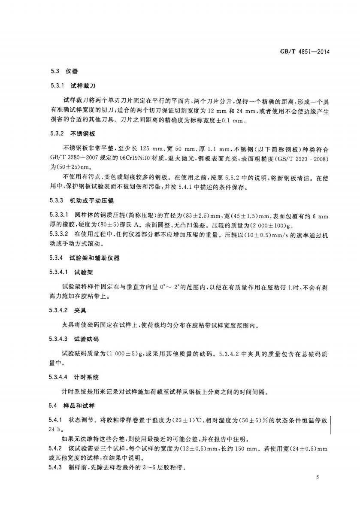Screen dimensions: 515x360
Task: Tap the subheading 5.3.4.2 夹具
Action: coord(68,309)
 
